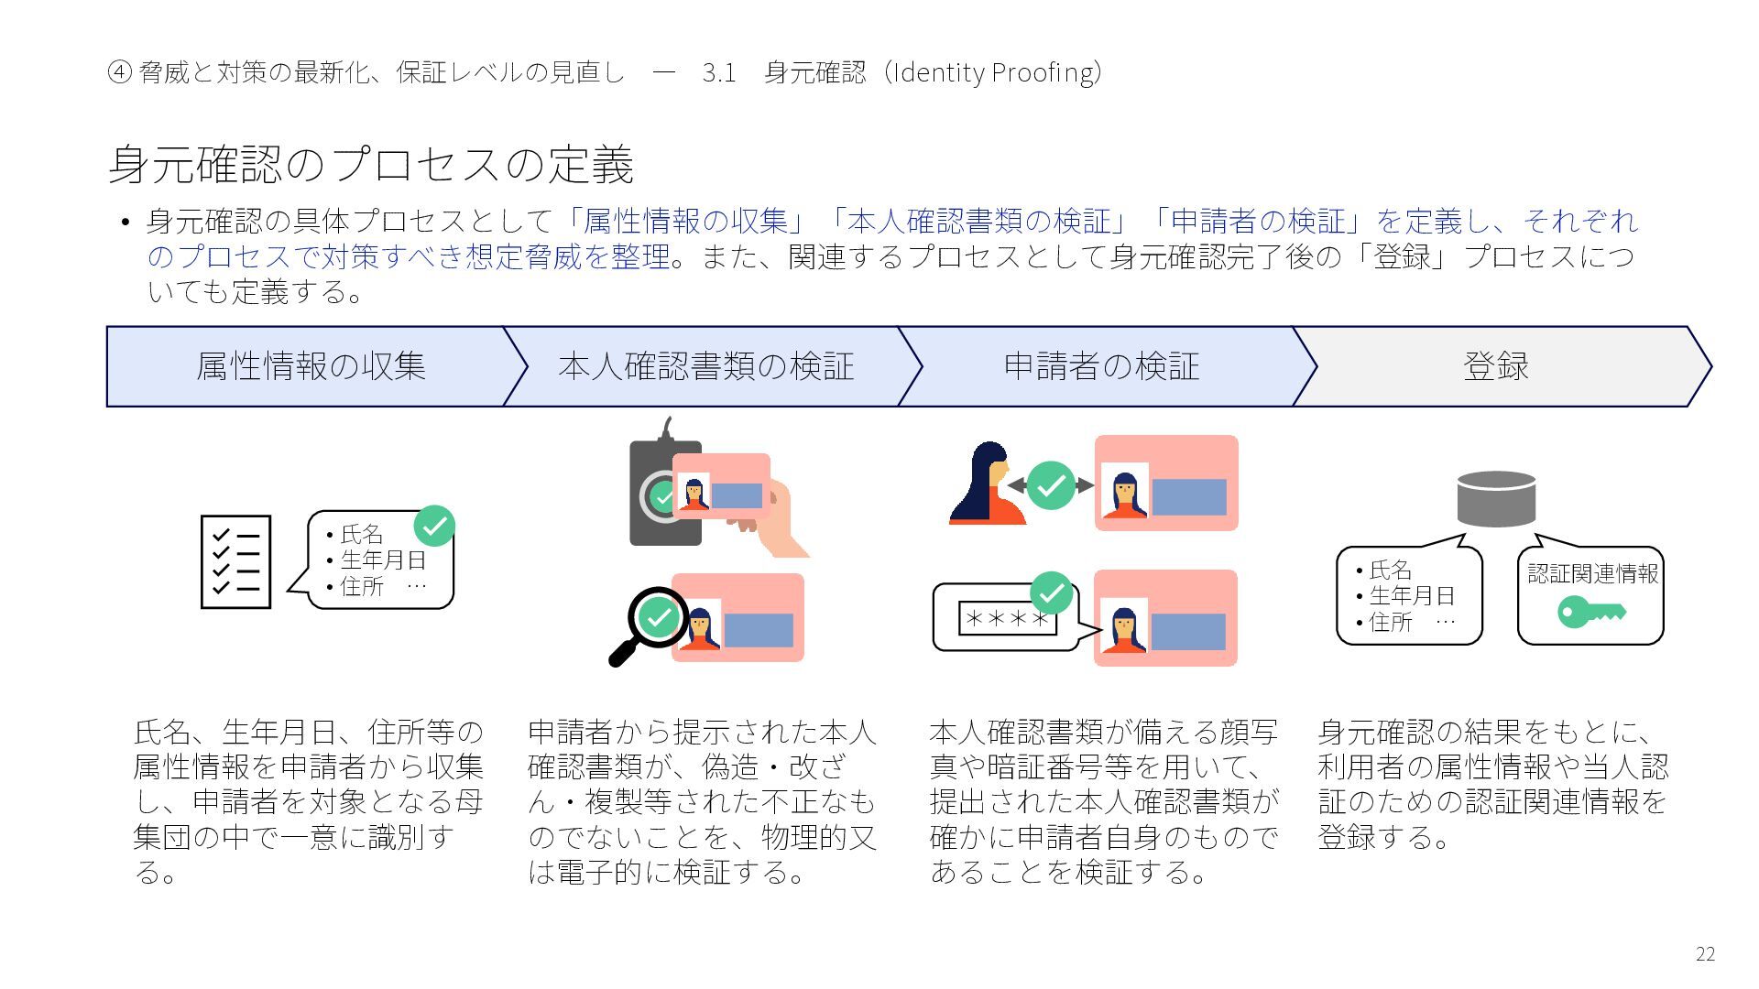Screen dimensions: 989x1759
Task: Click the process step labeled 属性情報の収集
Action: tap(311, 366)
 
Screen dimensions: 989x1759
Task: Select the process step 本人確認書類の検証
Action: tap(705, 366)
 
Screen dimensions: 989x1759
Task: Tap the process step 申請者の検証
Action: tap(1101, 366)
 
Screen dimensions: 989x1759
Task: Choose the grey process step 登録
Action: tap(1496, 366)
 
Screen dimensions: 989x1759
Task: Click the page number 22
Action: tap(1705, 953)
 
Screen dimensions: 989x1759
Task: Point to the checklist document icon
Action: tap(235, 561)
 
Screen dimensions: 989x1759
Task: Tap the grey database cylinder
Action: tap(1496, 498)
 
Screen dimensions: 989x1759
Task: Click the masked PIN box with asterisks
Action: tap(1007, 619)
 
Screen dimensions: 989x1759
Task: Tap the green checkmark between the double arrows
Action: tap(1051, 485)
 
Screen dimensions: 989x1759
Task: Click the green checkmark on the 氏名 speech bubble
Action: tap(434, 526)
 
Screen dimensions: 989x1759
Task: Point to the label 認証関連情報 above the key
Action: tap(1592, 573)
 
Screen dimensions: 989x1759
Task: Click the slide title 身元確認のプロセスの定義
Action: tap(371, 165)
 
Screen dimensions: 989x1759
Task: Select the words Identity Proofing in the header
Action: tap(993, 72)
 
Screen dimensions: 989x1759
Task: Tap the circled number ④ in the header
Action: tap(119, 72)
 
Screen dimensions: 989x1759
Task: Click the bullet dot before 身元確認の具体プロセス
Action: tap(126, 223)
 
